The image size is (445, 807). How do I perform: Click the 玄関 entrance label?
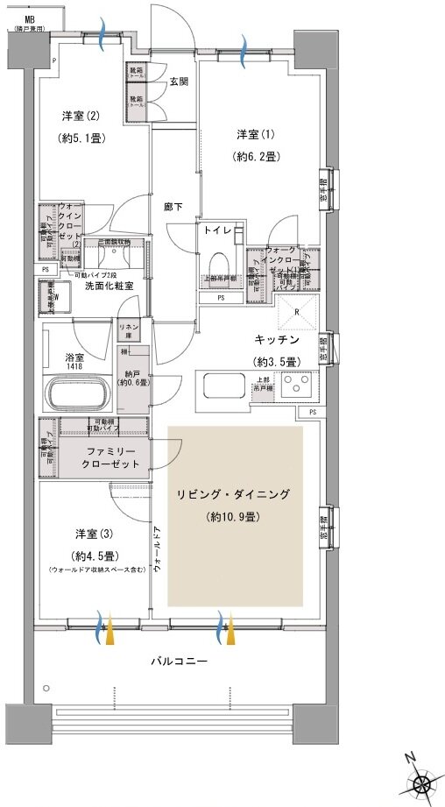click(179, 82)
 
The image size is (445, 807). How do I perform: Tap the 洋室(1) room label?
click(256, 134)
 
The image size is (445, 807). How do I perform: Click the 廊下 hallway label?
click(173, 207)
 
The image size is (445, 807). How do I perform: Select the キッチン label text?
click(278, 338)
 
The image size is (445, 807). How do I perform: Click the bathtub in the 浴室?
click(81, 393)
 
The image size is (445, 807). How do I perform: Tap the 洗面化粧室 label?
click(109, 286)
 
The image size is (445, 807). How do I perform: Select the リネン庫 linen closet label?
click(128, 329)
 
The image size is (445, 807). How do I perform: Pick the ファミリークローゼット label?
click(110, 457)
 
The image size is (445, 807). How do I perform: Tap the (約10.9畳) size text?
click(232, 517)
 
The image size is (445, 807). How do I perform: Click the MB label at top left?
click(30, 18)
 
